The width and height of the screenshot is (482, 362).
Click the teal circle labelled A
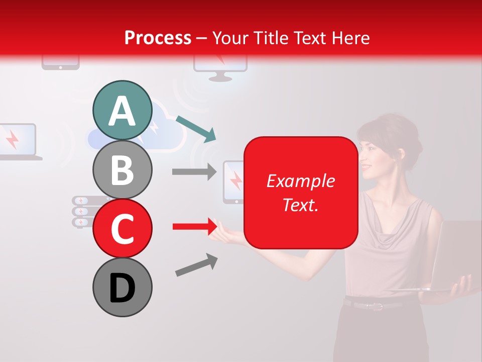click(x=122, y=111)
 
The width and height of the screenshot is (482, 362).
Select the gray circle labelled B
click(x=122, y=169)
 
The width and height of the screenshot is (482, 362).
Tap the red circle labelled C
click(x=122, y=228)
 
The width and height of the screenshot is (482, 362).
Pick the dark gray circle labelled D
click(x=122, y=287)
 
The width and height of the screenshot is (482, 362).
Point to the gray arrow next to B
click(x=194, y=171)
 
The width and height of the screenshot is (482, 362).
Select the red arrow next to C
click(x=194, y=227)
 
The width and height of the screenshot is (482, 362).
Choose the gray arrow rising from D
click(x=196, y=265)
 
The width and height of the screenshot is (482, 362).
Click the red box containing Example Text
click(x=301, y=193)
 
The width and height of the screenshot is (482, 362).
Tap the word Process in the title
click(x=158, y=38)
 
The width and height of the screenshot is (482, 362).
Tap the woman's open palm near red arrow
click(x=226, y=234)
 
